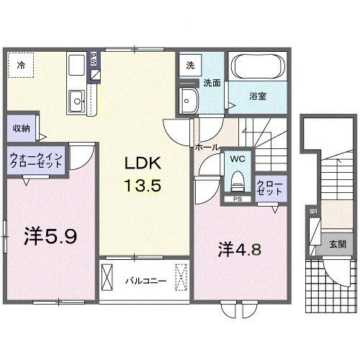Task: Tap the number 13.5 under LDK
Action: click(139, 185)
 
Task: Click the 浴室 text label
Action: click(258, 95)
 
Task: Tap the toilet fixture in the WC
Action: click(237, 179)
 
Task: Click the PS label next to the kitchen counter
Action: click(94, 58)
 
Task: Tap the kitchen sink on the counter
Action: click(76, 99)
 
